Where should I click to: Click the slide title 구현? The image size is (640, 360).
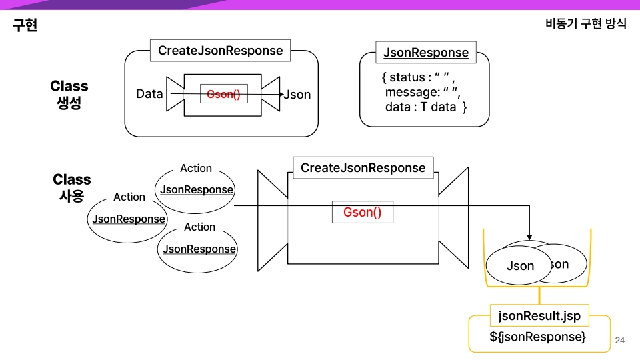tap(25, 25)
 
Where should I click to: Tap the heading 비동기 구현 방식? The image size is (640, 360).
tap(585, 24)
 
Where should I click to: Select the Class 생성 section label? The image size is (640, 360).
tap(69, 95)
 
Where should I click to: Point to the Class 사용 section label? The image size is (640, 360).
tap(71, 187)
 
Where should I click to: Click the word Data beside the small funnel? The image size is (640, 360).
tap(149, 94)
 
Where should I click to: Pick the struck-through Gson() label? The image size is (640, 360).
tap(223, 95)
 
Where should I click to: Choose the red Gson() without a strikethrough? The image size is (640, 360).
tap(363, 213)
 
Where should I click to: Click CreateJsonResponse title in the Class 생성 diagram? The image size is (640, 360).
tap(220, 51)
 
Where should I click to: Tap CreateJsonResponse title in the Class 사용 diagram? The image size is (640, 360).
tap(363, 168)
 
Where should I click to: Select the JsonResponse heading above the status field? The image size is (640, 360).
tap(425, 53)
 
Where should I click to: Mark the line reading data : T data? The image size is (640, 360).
tap(425, 107)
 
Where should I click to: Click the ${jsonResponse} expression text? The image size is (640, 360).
tap(537, 337)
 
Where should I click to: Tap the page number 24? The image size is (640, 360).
tap(619, 341)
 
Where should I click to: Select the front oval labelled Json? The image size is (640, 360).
tap(520, 266)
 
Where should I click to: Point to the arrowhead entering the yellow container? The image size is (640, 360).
tap(529, 237)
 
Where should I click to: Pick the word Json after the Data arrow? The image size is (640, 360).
tap(297, 95)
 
